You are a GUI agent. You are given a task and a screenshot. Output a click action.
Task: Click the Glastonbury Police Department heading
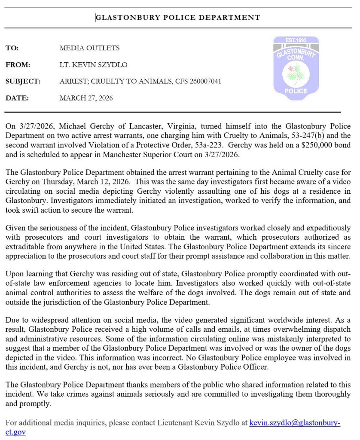178,18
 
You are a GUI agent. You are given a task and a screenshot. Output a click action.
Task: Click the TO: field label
12,48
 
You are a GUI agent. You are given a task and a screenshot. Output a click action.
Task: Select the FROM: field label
18,65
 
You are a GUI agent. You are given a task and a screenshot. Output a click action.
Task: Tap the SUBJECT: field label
23,81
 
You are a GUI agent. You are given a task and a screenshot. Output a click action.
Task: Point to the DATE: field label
17,98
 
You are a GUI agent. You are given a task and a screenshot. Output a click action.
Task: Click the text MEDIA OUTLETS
89,48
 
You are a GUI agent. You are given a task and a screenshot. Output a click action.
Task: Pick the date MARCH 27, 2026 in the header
86,98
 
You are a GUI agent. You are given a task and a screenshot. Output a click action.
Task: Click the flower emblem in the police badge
296,71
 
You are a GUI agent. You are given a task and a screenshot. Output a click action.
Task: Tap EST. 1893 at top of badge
296,40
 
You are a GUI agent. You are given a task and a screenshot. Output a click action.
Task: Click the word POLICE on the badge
296,91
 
